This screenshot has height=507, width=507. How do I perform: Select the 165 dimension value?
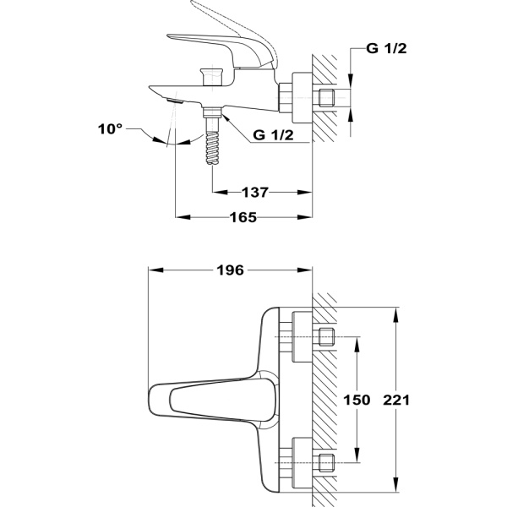click(x=244, y=217)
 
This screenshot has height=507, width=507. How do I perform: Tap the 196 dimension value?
click(x=229, y=270)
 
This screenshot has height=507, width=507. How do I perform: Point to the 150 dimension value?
click(x=358, y=401)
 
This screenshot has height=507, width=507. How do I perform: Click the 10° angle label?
click(x=111, y=128)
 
